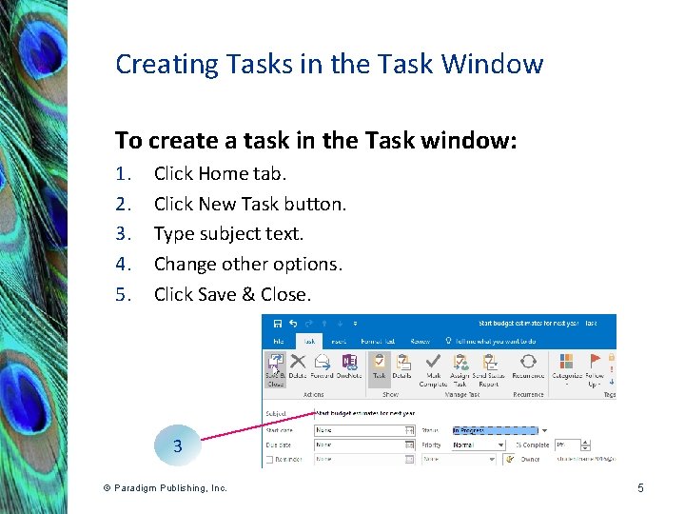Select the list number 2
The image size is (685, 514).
[x=122, y=204]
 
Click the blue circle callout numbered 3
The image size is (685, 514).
[x=177, y=445]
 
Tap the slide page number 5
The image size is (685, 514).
[x=640, y=488]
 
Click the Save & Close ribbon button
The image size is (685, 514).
[x=275, y=367]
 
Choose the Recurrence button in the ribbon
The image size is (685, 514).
[x=528, y=367]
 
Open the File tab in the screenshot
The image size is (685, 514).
[x=279, y=341]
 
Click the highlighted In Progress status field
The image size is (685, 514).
[x=494, y=429]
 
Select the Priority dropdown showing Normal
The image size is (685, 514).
[x=479, y=445]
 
